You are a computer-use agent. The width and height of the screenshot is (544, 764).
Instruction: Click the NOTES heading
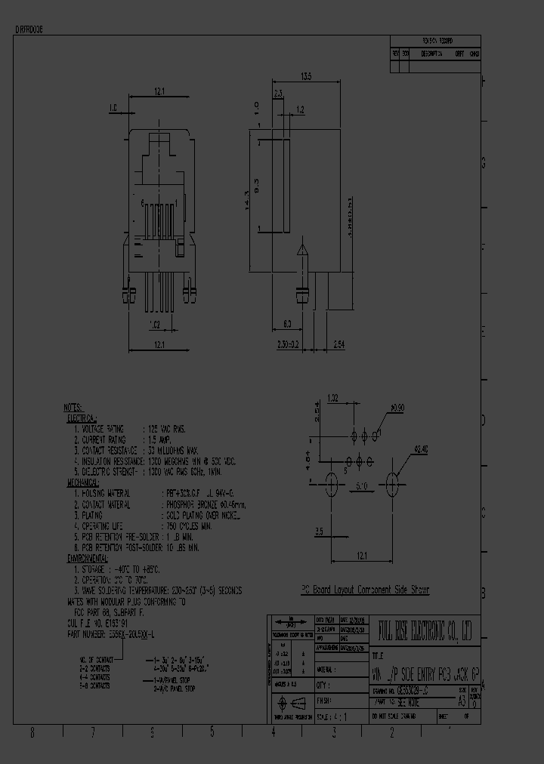pos(73,407)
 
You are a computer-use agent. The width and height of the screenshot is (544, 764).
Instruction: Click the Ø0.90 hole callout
pos(397,409)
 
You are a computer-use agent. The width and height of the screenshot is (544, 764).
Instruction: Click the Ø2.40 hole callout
pos(421,451)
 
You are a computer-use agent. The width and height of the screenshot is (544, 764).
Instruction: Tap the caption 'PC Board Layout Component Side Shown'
pos(365,590)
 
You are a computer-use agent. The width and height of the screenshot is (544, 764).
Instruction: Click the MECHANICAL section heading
pos(84,481)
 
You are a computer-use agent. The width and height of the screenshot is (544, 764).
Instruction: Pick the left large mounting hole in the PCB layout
pos(330,484)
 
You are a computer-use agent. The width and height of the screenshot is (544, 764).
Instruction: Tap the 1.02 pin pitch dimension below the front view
pos(154,325)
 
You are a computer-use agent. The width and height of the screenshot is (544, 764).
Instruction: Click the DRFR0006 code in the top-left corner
pos(29,27)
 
